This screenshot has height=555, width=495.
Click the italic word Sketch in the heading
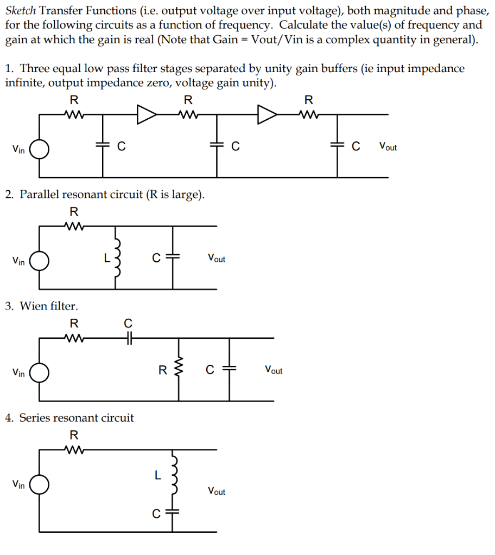coord(21,10)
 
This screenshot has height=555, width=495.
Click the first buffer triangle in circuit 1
coord(147,114)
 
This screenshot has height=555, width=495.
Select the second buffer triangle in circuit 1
coord(266,114)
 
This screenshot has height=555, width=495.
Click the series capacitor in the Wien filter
coord(129,338)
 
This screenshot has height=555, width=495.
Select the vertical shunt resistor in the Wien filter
coord(179,370)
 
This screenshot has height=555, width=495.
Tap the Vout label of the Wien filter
coord(274,370)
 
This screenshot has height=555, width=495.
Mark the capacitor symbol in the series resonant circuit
coord(173,513)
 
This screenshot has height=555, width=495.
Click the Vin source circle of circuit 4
coord(40,485)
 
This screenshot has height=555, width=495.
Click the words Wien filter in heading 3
coord(49,306)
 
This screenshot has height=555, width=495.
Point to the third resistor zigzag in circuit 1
coord(308,114)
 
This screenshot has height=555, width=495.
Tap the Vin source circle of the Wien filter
coord(40,372)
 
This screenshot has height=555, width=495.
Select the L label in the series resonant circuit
coord(157,476)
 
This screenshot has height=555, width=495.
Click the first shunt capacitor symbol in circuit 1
coord(103,146)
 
